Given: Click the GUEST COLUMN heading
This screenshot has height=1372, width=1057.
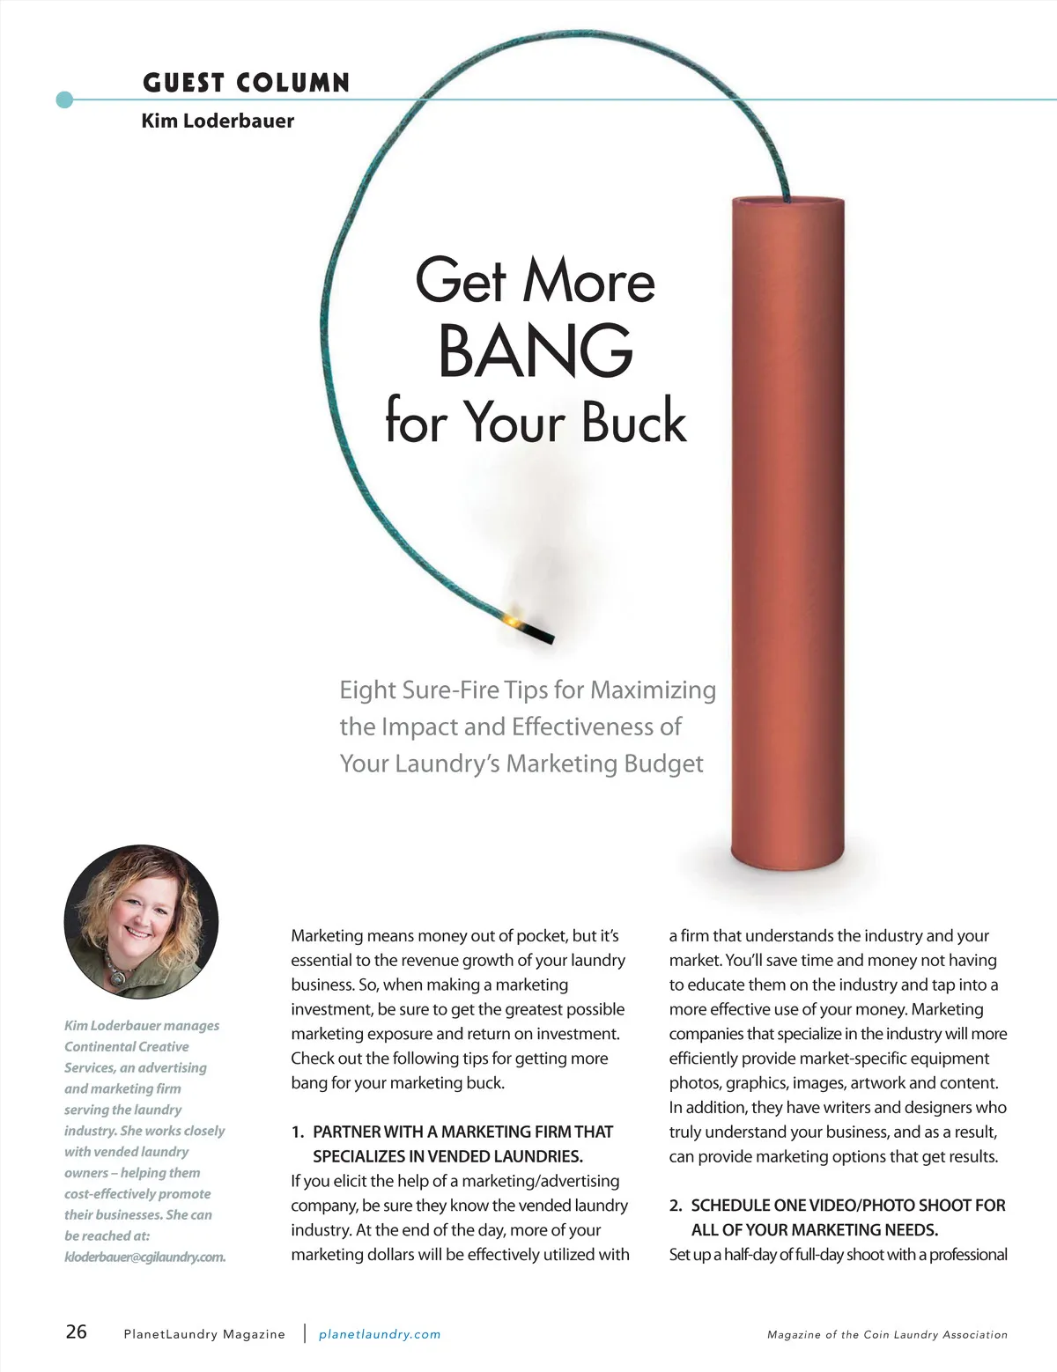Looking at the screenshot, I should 246,83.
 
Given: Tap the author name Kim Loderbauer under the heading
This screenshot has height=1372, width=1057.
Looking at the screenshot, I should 218,121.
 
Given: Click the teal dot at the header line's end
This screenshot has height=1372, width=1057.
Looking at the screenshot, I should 64,100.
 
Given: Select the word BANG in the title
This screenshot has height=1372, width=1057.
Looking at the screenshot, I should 536,350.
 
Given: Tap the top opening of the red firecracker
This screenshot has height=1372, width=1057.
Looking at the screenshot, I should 788,202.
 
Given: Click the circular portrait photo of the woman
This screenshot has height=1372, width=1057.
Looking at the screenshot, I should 141,922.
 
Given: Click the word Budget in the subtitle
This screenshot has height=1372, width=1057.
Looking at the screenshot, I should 663,763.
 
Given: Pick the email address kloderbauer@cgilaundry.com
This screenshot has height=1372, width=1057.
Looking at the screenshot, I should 144,1257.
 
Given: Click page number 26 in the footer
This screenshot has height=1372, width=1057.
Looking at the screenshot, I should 77,1331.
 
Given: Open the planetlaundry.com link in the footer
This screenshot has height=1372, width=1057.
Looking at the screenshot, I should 380,1334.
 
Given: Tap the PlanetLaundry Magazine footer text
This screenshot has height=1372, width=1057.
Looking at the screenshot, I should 204,1334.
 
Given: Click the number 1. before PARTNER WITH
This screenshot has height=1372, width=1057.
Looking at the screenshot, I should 298,1132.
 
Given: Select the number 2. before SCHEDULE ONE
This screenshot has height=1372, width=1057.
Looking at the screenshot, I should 676,1206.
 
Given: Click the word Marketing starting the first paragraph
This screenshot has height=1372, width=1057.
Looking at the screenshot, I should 327,936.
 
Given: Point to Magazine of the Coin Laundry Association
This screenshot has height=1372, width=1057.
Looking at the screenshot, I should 887,1335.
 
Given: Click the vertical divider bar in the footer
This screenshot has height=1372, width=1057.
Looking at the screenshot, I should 305,1332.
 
